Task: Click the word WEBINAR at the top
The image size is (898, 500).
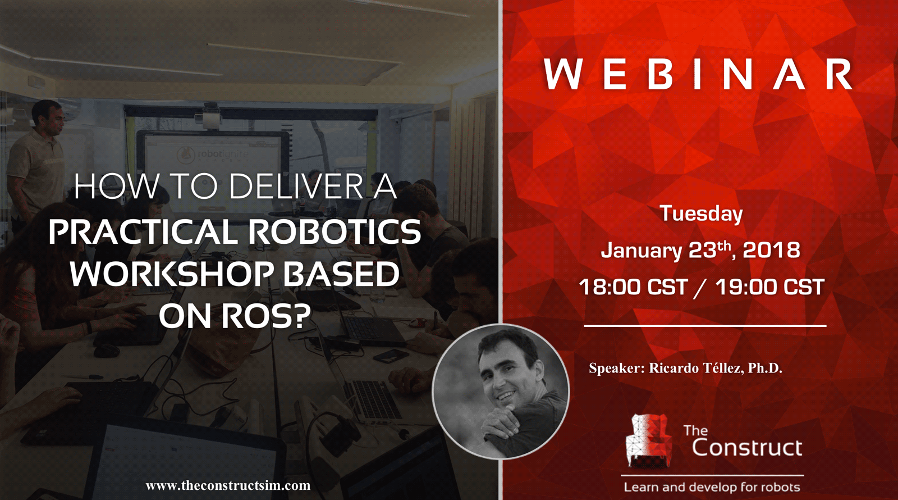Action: [x=698, y=74]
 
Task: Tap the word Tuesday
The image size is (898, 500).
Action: [x=702, y=213]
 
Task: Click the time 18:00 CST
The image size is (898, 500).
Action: [x=634, y=287]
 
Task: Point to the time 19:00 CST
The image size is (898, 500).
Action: [x=769, y=287]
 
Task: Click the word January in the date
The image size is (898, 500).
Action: [x=641, y=251]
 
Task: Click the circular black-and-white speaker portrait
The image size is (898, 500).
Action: [x=501, y=392]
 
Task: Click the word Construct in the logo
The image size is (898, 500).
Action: [x=747, y=448]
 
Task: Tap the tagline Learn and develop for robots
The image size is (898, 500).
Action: [x=712, y=488]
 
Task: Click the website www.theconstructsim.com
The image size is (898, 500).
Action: [x=228, y=486]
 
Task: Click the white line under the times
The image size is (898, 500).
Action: [x=705, y=326]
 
